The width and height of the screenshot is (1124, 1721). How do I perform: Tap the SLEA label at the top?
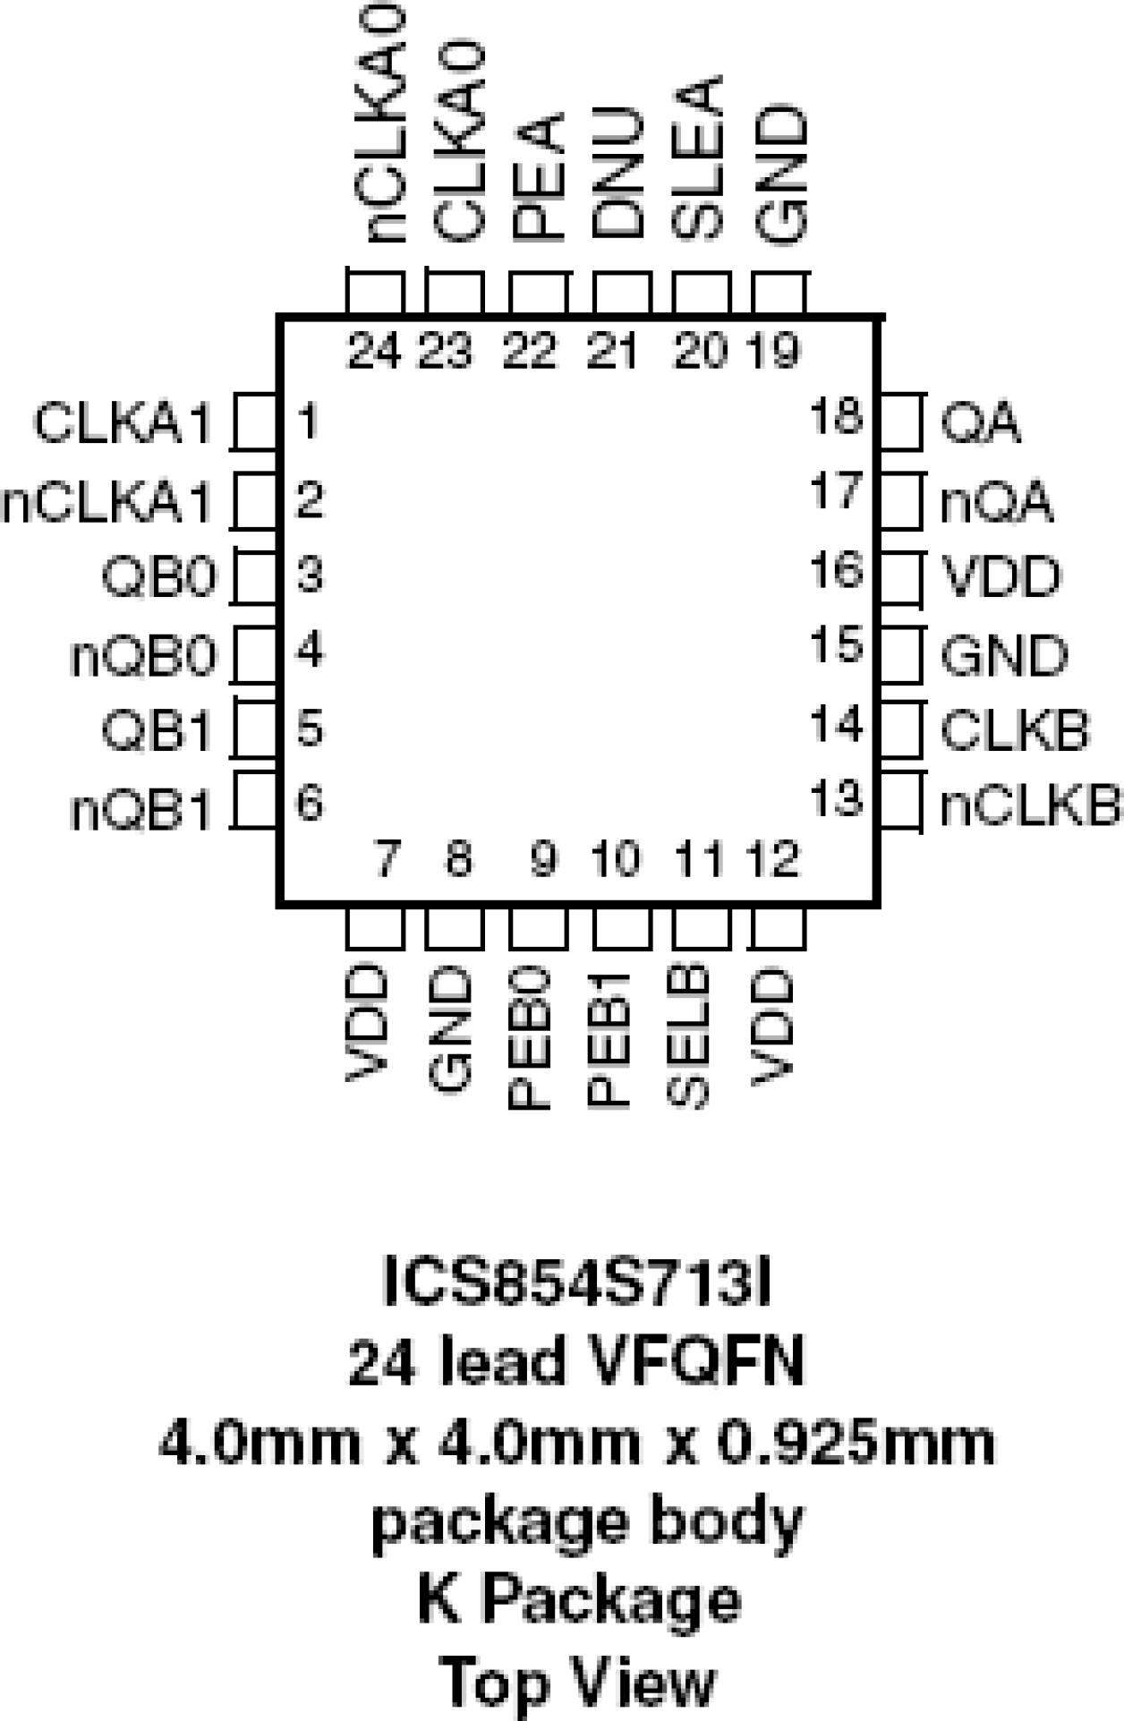point(697,157)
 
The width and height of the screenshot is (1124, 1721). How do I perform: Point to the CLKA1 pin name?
point(123,423)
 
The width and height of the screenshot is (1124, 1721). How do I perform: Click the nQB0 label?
point(143,657)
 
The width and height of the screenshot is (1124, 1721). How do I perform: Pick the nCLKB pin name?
point(1030,806)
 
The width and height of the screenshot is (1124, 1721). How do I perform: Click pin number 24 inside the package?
point(374,351)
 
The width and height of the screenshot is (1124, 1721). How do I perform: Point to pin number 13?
point(836,797)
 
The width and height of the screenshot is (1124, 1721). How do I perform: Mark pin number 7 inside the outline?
point(386,860)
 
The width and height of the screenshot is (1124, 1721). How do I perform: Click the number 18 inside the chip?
point(836,417)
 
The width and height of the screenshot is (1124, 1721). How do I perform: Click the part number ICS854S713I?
point(577,1282)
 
